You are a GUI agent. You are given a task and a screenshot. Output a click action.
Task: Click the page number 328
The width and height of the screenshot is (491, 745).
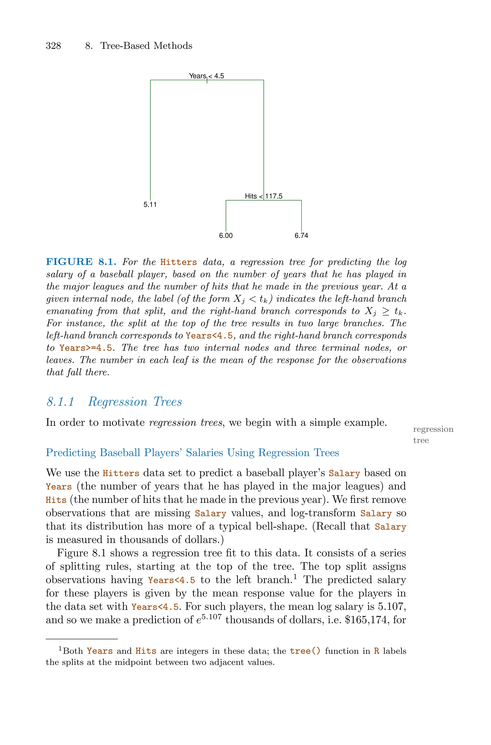53,46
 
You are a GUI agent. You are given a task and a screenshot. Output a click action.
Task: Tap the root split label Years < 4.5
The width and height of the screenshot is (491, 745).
206,76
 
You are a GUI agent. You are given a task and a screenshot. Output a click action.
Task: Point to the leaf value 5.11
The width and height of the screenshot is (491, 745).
150,205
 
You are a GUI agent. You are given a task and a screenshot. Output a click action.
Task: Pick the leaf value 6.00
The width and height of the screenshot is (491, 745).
226,236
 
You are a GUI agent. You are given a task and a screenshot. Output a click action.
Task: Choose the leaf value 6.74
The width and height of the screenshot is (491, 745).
301,236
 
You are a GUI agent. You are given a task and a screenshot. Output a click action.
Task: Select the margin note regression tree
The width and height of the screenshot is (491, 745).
433,435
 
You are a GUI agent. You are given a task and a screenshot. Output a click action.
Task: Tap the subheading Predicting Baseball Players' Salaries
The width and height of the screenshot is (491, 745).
192,453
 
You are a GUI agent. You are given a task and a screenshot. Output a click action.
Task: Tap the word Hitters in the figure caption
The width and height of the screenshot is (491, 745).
178,262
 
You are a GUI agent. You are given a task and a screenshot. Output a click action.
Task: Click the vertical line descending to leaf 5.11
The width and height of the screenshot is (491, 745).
150,141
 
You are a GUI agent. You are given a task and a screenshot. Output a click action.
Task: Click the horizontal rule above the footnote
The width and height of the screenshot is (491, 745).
82,638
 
